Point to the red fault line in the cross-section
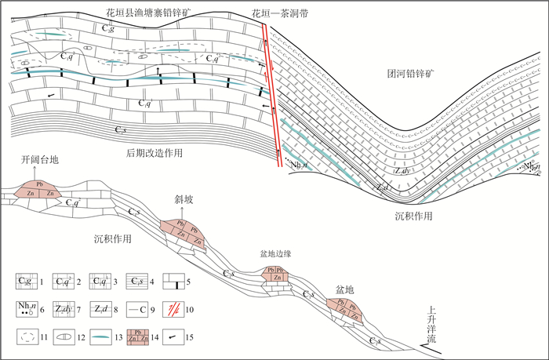(273, 94)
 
